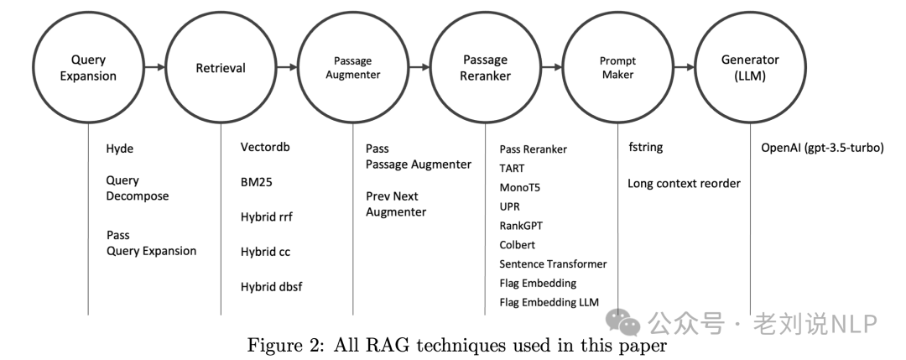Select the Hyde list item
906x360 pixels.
tap(120, 149)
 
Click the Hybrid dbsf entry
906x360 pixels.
tap(271, 287)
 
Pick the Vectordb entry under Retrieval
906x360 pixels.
tap(265, 148)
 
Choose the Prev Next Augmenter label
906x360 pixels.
tap(396, 204)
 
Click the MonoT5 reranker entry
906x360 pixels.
tap(520, 187)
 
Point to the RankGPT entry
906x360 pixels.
tap(522, 226)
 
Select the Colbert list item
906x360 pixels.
tap(518, 245)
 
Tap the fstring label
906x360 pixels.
tap(646, 148)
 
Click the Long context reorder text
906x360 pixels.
tap(684, 184)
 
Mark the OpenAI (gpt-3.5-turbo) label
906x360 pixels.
tap(822, 149)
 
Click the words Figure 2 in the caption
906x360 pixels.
tap(277, 345)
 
